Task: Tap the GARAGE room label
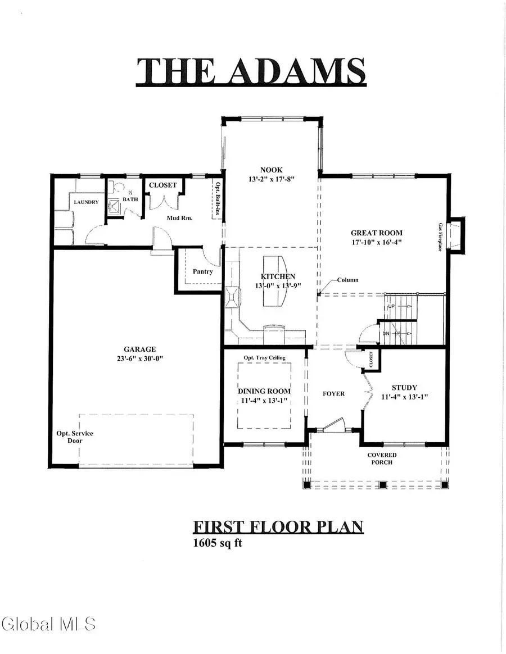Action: pos(140,349)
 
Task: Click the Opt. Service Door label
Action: pos(75,437)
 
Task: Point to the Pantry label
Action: pos(202,271)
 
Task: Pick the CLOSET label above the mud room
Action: pos(162,185)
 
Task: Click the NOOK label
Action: pos(271,170)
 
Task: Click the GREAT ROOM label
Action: pos(377,233)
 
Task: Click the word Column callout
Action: pos(347,280)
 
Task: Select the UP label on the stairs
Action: pos(392,306)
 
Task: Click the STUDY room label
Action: pos(404,387)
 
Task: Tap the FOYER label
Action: pos(333,394)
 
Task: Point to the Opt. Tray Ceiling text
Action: pos(264,358)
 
